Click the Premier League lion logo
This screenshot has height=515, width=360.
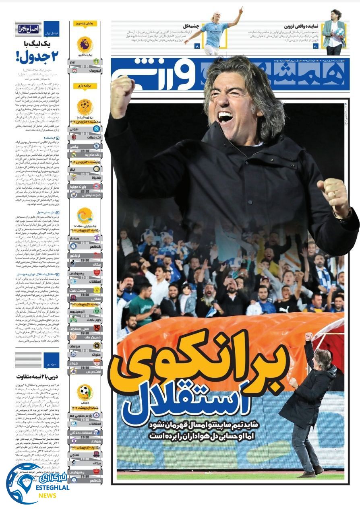coord(85,44)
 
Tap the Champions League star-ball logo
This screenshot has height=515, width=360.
coord(85,107)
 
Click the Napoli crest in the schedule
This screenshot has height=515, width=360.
coord(97,129)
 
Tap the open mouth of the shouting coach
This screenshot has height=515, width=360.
coord(225,117)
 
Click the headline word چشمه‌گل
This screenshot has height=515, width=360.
coord(190,26)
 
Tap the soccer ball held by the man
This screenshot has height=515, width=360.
coord(339,31)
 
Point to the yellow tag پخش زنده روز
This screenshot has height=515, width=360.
coord(85,24)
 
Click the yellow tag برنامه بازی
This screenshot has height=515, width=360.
coord(85,86)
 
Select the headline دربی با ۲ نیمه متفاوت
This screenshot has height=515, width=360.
coord(37,376)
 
